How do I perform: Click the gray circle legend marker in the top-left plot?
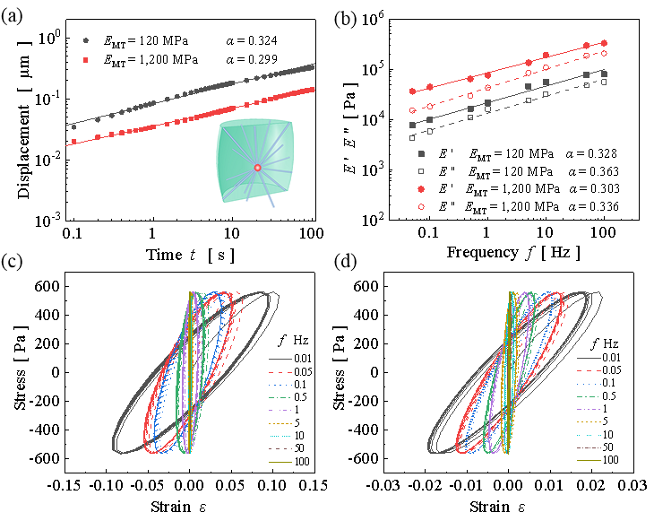86,40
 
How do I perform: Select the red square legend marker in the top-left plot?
86,60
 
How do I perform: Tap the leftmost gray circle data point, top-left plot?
73,127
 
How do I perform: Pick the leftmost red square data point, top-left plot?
73,142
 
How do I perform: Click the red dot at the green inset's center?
257,168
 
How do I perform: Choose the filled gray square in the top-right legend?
421,154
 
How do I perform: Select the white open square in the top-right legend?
421,171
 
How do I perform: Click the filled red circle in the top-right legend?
421,189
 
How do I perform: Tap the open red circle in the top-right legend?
421,206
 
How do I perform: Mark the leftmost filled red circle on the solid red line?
412,91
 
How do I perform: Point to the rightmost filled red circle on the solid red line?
604,43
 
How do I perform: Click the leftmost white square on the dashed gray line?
412,138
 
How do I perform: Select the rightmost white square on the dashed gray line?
604,82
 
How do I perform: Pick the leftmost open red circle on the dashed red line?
412,110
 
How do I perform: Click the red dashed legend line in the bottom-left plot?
280,448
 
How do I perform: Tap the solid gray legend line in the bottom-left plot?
280,359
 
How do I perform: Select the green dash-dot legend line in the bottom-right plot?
589,396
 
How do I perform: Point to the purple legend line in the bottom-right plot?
589,409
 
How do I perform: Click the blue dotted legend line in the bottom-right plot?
589,384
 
